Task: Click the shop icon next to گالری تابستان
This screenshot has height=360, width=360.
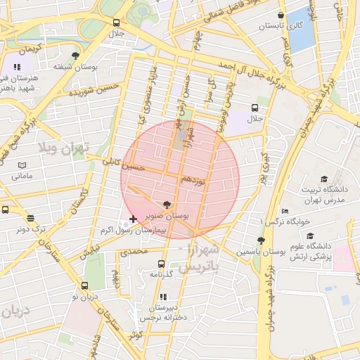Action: (281, 15)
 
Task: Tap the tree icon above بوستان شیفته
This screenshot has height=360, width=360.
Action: (75, 56)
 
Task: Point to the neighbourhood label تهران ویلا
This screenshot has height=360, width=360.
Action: (65, 148)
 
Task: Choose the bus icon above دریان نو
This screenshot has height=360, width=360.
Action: (85, 286)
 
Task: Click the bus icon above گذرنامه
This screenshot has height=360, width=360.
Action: (161, 264)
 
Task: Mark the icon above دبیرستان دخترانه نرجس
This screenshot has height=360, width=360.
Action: (164, 297)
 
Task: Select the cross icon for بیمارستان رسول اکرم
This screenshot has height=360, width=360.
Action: (134, 220)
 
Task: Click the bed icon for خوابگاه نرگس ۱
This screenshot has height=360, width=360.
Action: (284, 211)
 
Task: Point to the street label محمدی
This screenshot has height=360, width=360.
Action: (134, 251)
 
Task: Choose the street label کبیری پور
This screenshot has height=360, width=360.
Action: (264, 168)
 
